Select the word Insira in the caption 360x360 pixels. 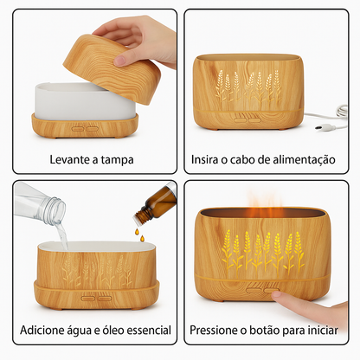[x=209, y=159]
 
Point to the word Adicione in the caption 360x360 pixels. [x=45, y=331]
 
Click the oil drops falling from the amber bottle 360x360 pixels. [x=137, y=230]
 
